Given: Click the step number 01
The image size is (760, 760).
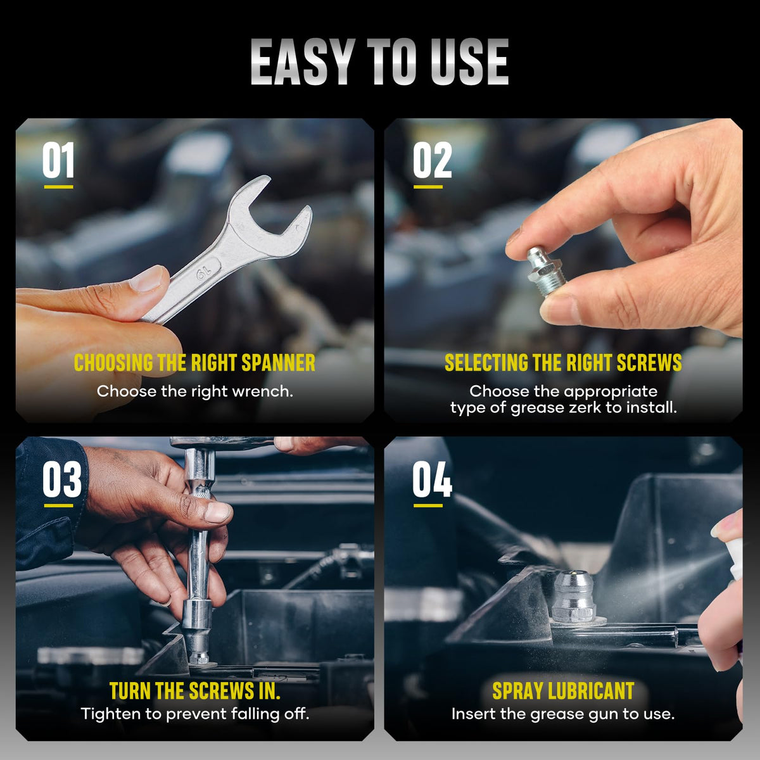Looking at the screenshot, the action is [x=58, y=160].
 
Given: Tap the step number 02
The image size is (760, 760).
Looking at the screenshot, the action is [x=432, y=160].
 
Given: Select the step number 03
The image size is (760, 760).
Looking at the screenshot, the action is [x=62, y=479].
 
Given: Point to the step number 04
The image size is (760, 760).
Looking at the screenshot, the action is [x=433, y=479].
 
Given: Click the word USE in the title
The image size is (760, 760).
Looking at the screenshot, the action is [x=469, y=62].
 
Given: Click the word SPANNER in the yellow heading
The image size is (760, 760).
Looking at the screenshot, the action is [x=278, y=363].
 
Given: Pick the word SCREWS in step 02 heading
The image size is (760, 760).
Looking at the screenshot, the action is [x=649, y=363].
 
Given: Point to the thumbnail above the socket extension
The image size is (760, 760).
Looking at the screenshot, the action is [x=217, y=513].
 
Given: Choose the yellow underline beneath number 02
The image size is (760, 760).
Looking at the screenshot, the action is [x=428, y=187].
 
